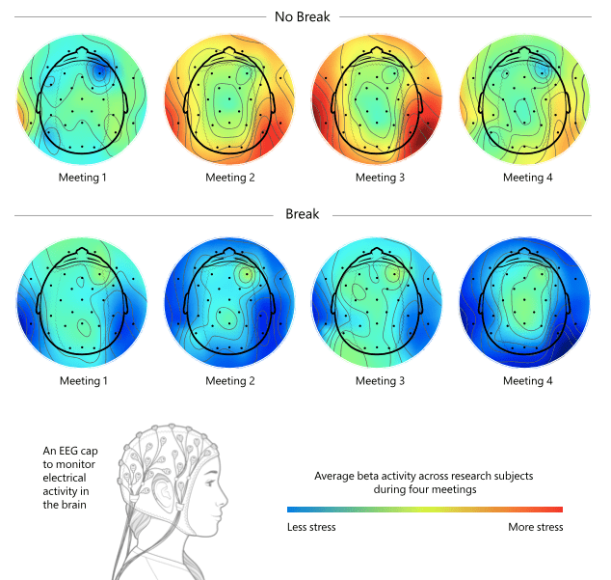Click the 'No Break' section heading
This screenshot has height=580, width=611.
pyautogui.click(x=302, y=16)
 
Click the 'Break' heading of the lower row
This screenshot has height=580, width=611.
pyautogui.click(x=302, y=214)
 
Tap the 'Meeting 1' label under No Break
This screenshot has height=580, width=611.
pyautogui.click(x=82, y=178)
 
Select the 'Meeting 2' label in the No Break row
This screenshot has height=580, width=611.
pyautogui.click(x=230, y=178)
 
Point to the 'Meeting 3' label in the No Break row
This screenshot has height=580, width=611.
pyautogui.click(x=380, y=178)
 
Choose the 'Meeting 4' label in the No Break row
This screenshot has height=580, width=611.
pyautogui.click(x=527, y=178)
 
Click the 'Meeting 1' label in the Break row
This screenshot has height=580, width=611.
pyautogui.click(x=84, y=380)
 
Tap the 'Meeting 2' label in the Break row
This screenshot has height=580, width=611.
pyautogui.click(x=230, y=380)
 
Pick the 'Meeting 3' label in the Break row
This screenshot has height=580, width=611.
pyautogui.click(x=380, y=380)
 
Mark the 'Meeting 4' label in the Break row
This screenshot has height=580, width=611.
pyautogui.click(x=527, y=380)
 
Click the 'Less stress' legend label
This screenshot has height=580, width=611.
pyautogui.click(x=311, y=527)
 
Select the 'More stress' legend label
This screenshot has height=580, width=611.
pyautogui.click(x=536, y=527)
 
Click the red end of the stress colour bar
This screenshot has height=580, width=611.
pyautogui.click(x=560, y=510)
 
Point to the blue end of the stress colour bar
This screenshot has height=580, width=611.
pyautogui.click(x=290, y=510)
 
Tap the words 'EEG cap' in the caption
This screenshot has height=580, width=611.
pyautogui.click(x=78, y=452)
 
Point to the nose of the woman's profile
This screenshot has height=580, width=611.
pyautogui.click(x=224, y=502)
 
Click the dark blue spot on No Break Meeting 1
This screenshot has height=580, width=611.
pyautogui.click(x=99, y=71)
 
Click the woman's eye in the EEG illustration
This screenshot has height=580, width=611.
pyautogui.click(x=210, y=483)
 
